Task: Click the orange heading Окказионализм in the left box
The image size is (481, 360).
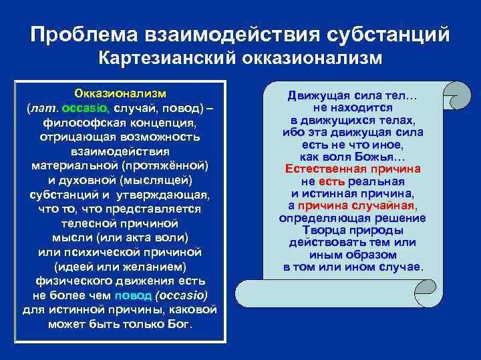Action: pyautogui.click(x=120, y=92)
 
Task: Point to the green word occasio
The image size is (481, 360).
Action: pyautogui.click(x=90, y=107)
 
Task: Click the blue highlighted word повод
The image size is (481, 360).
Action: pyautogui.click(x=134, y=295)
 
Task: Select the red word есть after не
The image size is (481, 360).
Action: pyautogui.click(x=331, y=181)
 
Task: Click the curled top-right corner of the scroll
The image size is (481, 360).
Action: pyautogui.click(x=456, y=93)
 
